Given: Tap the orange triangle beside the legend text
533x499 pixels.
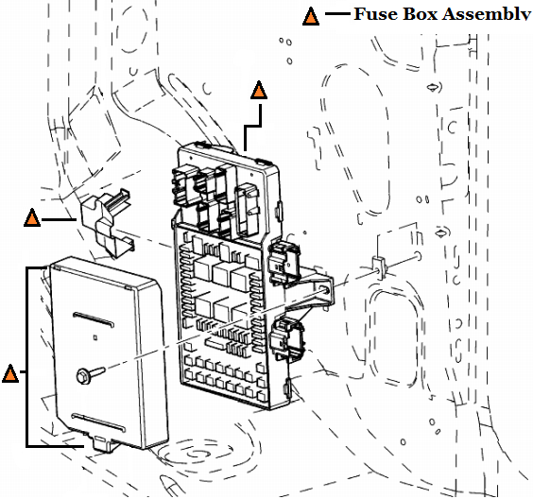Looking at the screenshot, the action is [311, 17].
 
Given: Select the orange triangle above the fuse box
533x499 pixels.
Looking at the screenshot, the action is [259, 91].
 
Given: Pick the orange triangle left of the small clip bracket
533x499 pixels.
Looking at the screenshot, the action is [32, 218].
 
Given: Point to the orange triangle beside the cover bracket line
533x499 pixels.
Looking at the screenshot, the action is [10, 374].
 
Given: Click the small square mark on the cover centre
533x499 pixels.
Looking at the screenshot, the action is [95, 337].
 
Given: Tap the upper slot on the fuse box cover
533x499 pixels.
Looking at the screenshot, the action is [94, 319].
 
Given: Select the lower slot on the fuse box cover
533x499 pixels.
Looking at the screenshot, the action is [98, 422].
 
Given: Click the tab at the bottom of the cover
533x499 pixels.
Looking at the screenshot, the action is [102, 443].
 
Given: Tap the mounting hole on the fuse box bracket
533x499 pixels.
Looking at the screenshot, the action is [324, 290].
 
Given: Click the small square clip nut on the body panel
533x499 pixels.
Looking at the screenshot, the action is [379, 267].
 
